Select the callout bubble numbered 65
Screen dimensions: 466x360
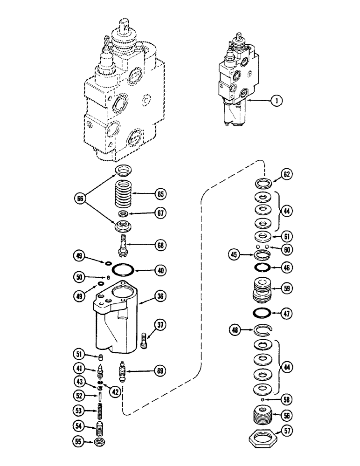coord(159,193)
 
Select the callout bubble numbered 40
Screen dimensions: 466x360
coord(159,270)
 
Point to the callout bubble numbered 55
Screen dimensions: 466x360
coord(78,440)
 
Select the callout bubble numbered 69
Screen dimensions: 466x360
coord(159,371)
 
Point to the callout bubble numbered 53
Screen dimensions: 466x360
coord(78,411)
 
